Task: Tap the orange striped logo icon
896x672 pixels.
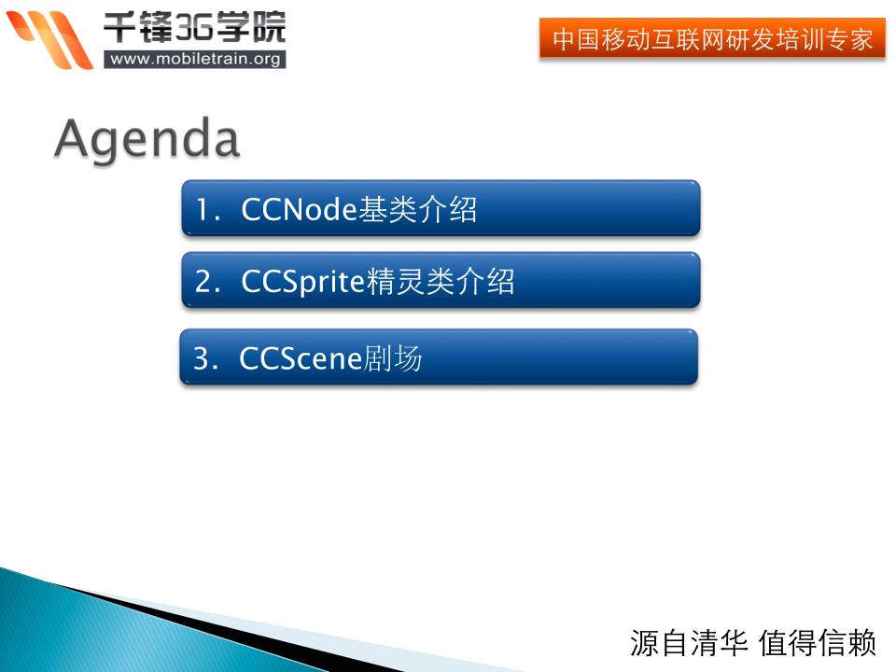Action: pyautogui.click(x=49, y=39)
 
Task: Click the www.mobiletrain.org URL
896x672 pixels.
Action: pyautogui.click(x=195, y=59)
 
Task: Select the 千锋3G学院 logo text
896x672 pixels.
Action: pyautogui.click(x=194, y=27)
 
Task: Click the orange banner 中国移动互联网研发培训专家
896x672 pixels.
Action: pyautogui.click(x=712, y=38)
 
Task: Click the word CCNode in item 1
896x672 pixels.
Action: pyautogui.click(x=299, y=209)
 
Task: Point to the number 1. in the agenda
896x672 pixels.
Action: pyautogui.click(x=207, y=209)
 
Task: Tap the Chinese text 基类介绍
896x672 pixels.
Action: pyautogui.click(x=417, y=209)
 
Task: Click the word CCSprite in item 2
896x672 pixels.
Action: pyautogui.click(x=302, y=282)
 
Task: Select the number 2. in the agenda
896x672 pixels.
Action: pyautogui.click(x=207, y=281)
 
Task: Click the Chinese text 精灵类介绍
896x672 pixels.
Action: pyautogui.click(x=440, y=281)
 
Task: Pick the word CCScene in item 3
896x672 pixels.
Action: pyautogui.click(x=301, y=358)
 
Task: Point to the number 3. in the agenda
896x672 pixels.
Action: pyautogui.click(x=205, y=358)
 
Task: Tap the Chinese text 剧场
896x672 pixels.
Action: pyautogui.click(x=393, y=358)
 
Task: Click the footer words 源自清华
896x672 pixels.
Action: pyautogui.click(x=689, y=643)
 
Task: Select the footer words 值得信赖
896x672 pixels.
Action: pyautogui.click(x=818, y=643)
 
